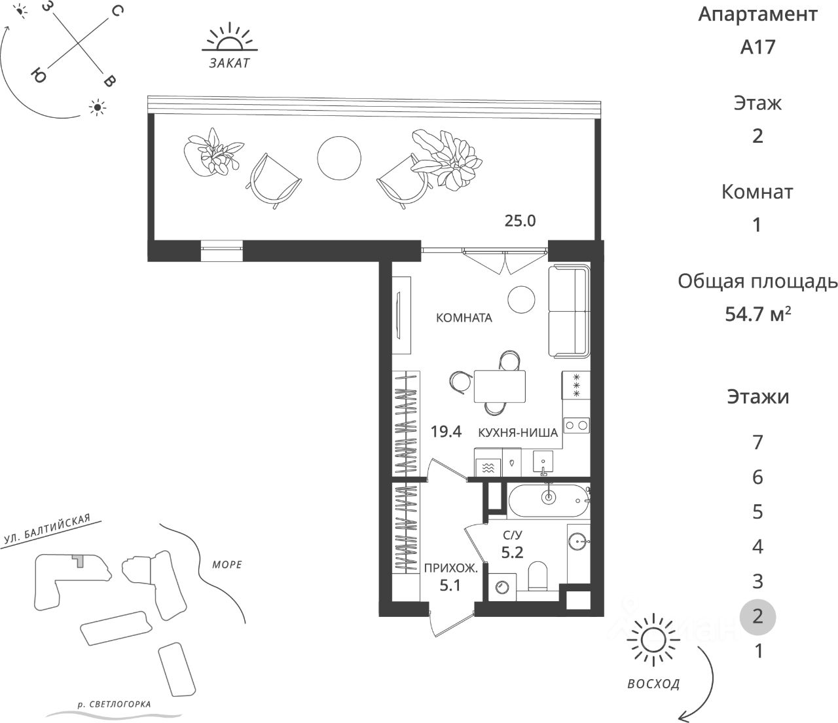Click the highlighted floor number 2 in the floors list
pyautogui.click(x=757, y=617)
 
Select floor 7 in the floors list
pyautogui.click(x=757, y=443)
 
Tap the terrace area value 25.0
pyautogui.click(x=520, y=221)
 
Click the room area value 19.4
pyautogui.click(x=446, y=432)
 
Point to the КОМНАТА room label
pyautogui.click(x=464, y=318)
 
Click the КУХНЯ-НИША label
pyautogui.click(x=518, y=432)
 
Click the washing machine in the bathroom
pyautogui.click(x=502, y=586)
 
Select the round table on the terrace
pyautogui.click(x=338, y=158)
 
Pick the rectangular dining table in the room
pyautogui.click(x=500, y=386)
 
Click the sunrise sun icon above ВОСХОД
pyautogui.click(x=653, y=639)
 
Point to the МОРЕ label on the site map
pyautogui.click(x=227, y=565)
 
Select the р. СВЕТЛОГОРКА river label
pyautogui.click(x=114, y=705)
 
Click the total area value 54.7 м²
pyautogui.click(x=757, y=314)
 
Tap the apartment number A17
pyautogui.click(x=757, y=47)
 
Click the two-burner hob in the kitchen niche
pyautogui.click(x=577, y=426)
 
